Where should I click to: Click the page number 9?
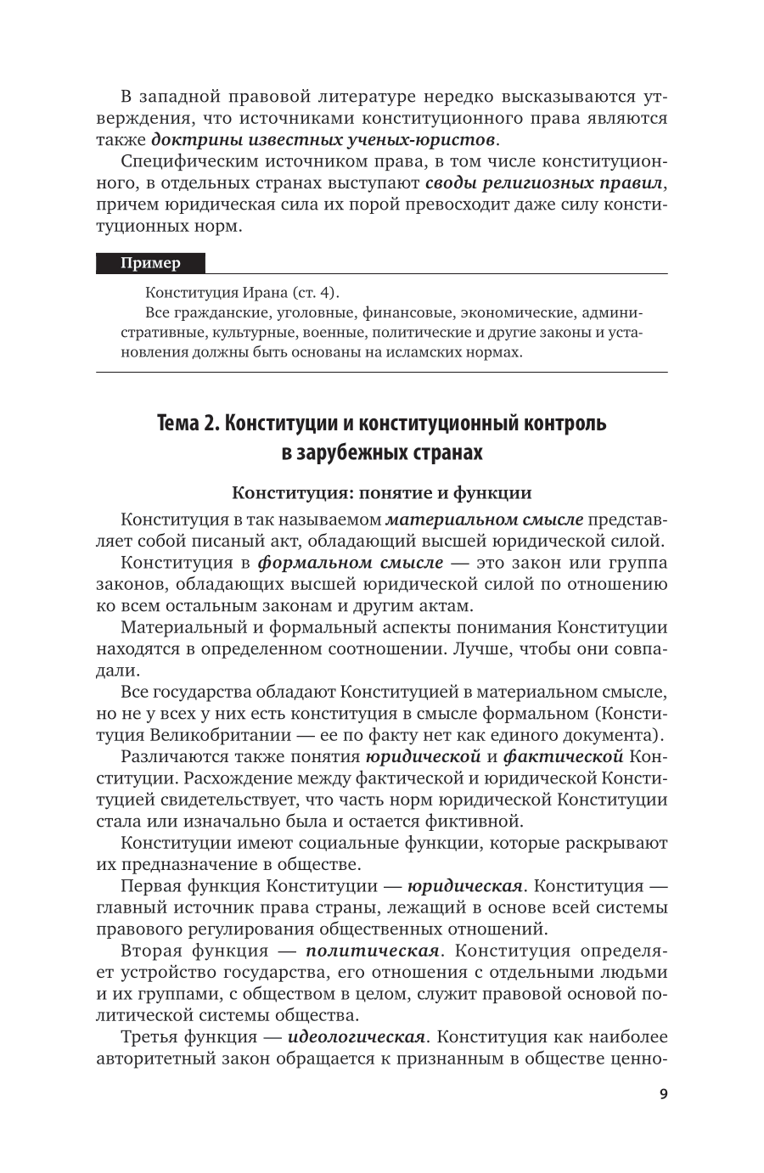(x=663, y=1094)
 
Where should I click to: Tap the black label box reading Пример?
(x=150, y=263)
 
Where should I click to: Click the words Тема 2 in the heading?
(x=186, y=423)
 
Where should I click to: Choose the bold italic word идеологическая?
(x=356, y=1037)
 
